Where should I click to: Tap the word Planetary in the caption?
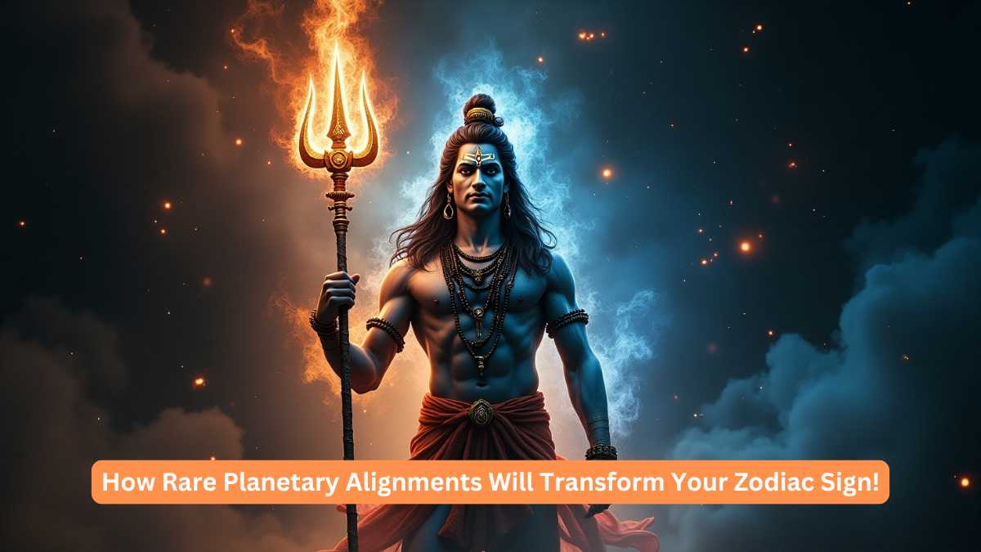[x=251, y=482]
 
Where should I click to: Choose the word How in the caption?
[x=121, y=482]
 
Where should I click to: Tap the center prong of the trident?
[x=338, y=94]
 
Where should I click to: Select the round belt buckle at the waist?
[x=480, y=411]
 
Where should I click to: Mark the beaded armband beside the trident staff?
[x=385, y=331]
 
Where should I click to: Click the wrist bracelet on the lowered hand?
[x=601, y=451]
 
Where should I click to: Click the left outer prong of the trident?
[x=307, y=131]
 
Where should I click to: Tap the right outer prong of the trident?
[x=370, y=131]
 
